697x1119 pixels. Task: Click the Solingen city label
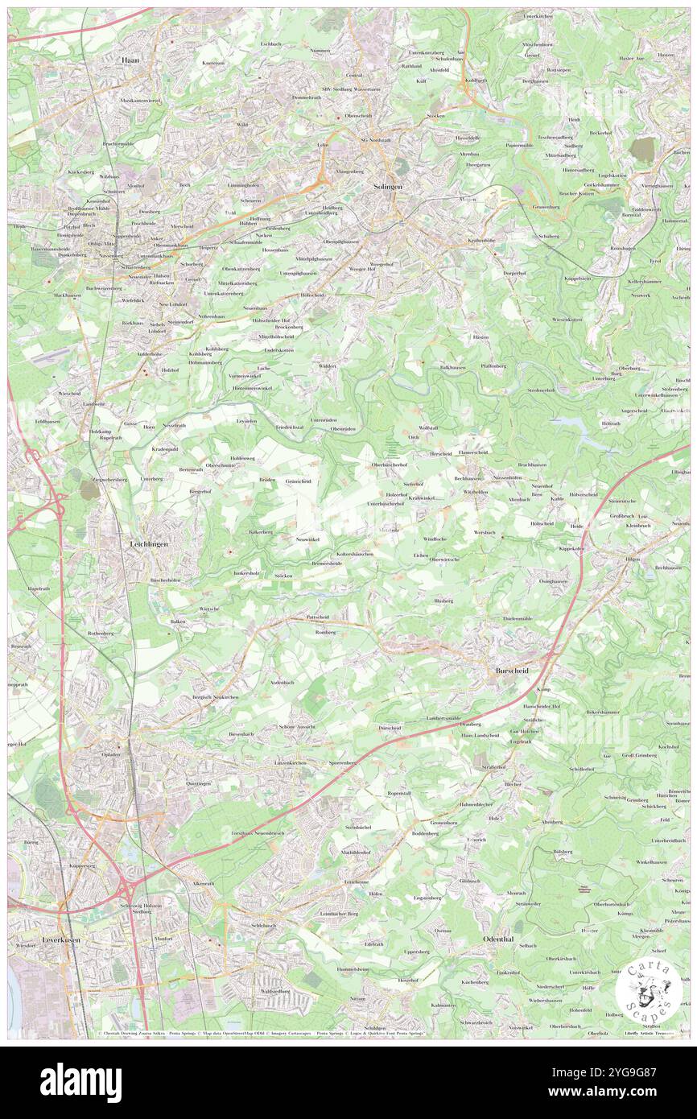[388, 186]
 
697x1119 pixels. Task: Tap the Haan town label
[130, 60]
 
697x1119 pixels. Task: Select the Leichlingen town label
[149, 544]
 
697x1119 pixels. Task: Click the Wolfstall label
[427, 427]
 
